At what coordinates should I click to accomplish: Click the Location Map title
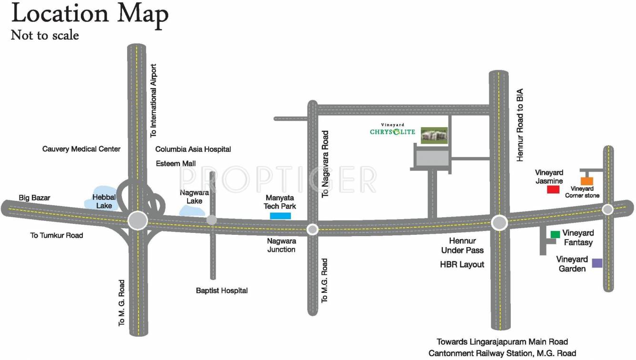[90, 14]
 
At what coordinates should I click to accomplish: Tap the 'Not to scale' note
[45, 35]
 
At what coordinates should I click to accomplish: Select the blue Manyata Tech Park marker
[280, 216]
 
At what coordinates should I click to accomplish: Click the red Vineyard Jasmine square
[553, 190]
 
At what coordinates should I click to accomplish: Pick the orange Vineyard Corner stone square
[587, 181]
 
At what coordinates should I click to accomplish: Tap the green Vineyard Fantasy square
[555, 234]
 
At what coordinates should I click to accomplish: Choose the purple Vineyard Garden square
[597, 263]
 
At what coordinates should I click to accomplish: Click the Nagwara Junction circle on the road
[312, 230]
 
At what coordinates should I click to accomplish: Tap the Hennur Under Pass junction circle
[499, 223]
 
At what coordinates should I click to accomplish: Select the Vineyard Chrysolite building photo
[434, 135]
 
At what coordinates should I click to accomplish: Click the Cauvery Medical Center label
[81, 149]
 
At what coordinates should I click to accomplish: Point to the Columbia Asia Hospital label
[193, 150]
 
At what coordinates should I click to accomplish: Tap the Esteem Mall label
[176, 163]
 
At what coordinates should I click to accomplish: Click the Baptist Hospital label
[222, 290]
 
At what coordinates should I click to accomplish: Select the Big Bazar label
[34, 197]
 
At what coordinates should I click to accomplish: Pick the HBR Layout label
[462, 264]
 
